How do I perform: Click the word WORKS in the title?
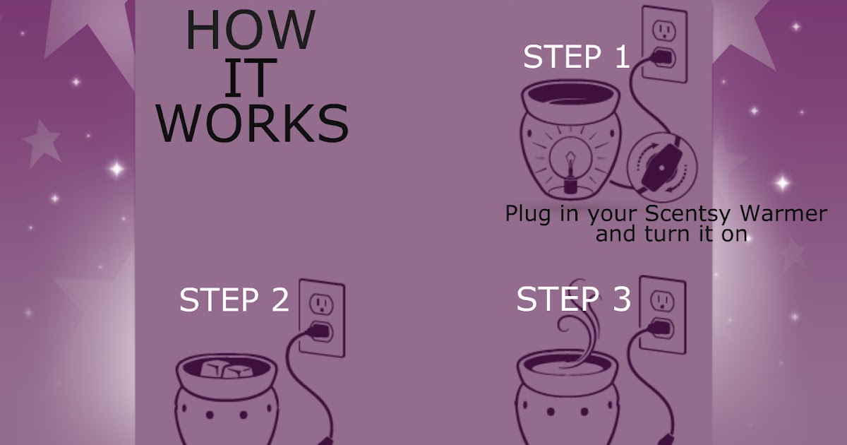pos(252,121)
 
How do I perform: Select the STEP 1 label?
pos(575,57)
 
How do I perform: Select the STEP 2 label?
pos(234,299)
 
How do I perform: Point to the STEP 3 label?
pos(573,299)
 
